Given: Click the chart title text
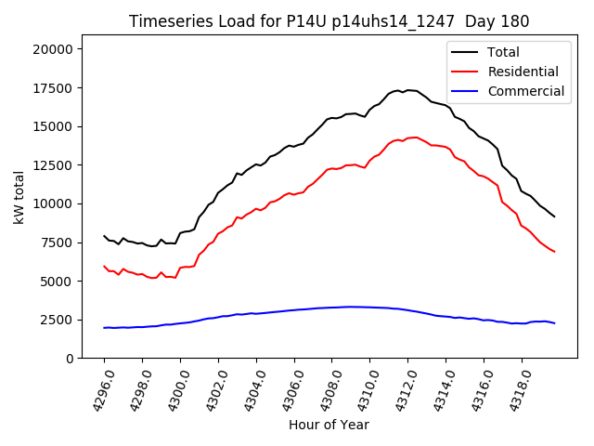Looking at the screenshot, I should (329, 21).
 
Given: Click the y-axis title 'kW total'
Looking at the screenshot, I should (19, 203).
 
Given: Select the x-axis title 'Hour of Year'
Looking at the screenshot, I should (329, 425).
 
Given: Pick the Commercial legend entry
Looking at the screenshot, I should (525, 91).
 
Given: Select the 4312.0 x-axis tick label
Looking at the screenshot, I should (398, 390).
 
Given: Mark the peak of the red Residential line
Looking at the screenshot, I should (415, 137).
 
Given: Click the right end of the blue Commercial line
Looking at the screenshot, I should (554, 323).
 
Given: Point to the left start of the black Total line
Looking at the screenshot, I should (104, 236).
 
